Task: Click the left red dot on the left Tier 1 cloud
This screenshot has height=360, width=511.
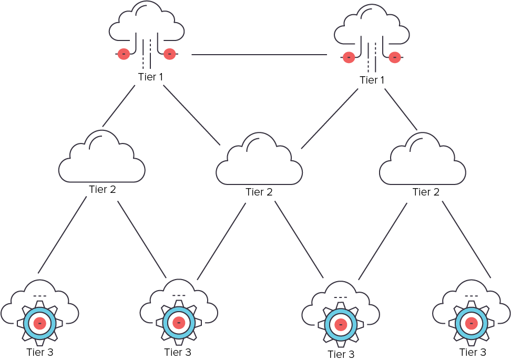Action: (124, 54)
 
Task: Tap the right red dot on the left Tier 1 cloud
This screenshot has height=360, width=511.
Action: (169, 54)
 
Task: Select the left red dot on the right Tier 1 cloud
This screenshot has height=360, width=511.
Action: (349, 57)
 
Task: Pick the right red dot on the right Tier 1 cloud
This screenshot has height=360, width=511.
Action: (395, 57)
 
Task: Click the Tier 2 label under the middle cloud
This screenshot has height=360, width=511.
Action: (259, 192)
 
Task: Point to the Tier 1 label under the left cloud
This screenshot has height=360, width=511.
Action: (150, 77)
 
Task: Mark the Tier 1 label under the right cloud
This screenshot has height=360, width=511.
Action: (372, 80)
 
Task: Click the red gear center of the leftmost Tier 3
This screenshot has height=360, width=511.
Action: (40, 323)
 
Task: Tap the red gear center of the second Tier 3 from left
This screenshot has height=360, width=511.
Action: (179, 322)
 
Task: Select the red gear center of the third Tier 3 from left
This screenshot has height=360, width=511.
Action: (341, 324)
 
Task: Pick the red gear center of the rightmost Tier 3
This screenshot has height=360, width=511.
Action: (471, 323)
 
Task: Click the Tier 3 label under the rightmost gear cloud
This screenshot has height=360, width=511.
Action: (473, 352)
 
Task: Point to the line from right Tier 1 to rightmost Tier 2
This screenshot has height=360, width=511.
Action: (401, 109)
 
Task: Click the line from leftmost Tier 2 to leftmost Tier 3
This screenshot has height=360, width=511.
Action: (62, 235)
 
